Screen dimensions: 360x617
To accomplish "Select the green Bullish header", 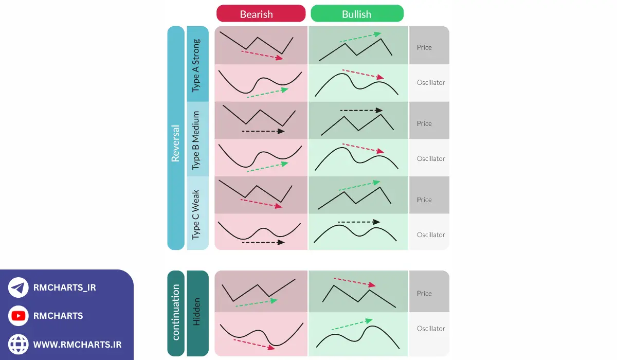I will pyautogui.click(x=357, y=13).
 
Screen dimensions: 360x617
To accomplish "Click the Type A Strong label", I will pyautogui.click(x=197, y=64).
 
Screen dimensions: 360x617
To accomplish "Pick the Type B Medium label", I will pyautogui.click(x=197, y=139).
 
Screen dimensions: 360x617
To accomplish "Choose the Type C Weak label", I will pyautogui.click(x=197, y=214).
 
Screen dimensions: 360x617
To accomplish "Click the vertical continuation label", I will pyautogui.click(x=175, y=313).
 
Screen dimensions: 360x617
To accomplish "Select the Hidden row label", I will pyautogui.click(x=197, y=313).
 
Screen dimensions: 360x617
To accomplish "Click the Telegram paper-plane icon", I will pyautogui.click(x=19, y=287).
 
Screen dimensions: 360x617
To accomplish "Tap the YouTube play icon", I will pyautogui.click(x=19, y=316).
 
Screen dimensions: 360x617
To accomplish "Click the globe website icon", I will pyautogui.click(x=19, y=344).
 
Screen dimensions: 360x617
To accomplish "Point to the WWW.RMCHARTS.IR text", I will pyautogui.click(x=77, y=344).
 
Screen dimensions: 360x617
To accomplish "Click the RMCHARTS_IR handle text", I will pyautogui.click(x=64, y=287).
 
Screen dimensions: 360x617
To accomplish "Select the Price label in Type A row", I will pyautogui.click(x=424, y=47).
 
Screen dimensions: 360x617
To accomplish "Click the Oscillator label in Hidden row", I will pyautogui.click(x=431, y=328).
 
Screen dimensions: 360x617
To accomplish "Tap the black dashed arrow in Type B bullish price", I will pyautogui.click(x=361, y=110).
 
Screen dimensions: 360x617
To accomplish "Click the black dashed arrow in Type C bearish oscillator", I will pyautogui.click(x=263, y=242).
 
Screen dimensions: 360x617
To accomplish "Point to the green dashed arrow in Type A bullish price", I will pyautogui.click(x=360, y=38).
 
